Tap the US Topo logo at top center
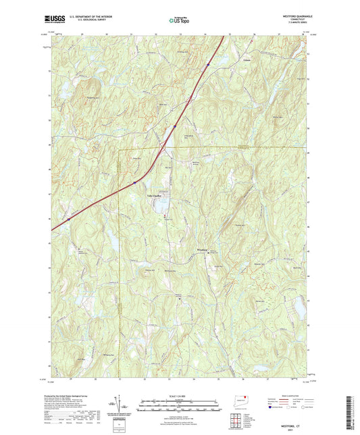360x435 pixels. [179, 21]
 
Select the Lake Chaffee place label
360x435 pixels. [156, 197]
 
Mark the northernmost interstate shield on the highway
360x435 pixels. [209, 64]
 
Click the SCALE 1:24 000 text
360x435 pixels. [179, 397]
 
